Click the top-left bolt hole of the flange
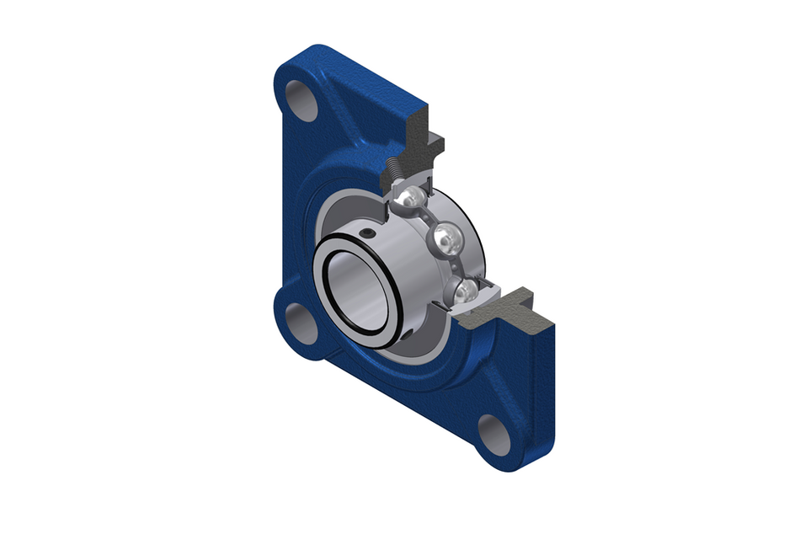pyautogui.click(x=301, y=99)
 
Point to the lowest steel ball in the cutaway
pyautogui.click(x=466, y=291)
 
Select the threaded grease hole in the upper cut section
pyautogui.click(x=395, y=177)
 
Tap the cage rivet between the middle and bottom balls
pyautogui.click(x=457, y=267)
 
